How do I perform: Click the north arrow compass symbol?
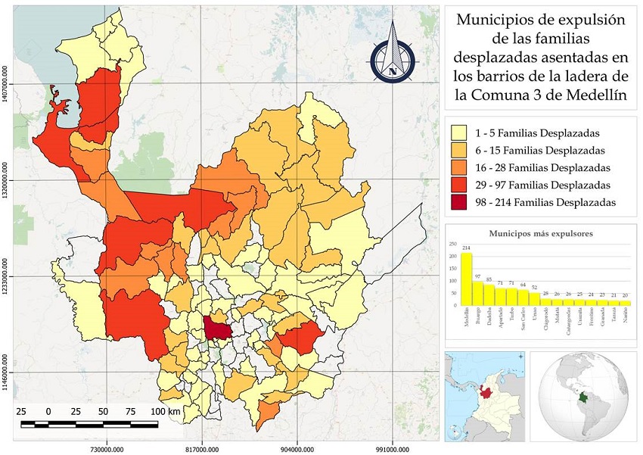tap(393, 51)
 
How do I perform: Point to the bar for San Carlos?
tap(523, 298)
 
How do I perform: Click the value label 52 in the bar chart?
tap(534, 287)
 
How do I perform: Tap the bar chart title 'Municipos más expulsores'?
tap(540, 233)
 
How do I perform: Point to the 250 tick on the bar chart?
tap(453, 245)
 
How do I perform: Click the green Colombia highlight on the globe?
tap(582, 397)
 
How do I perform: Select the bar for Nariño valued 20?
tap(625, 302)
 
